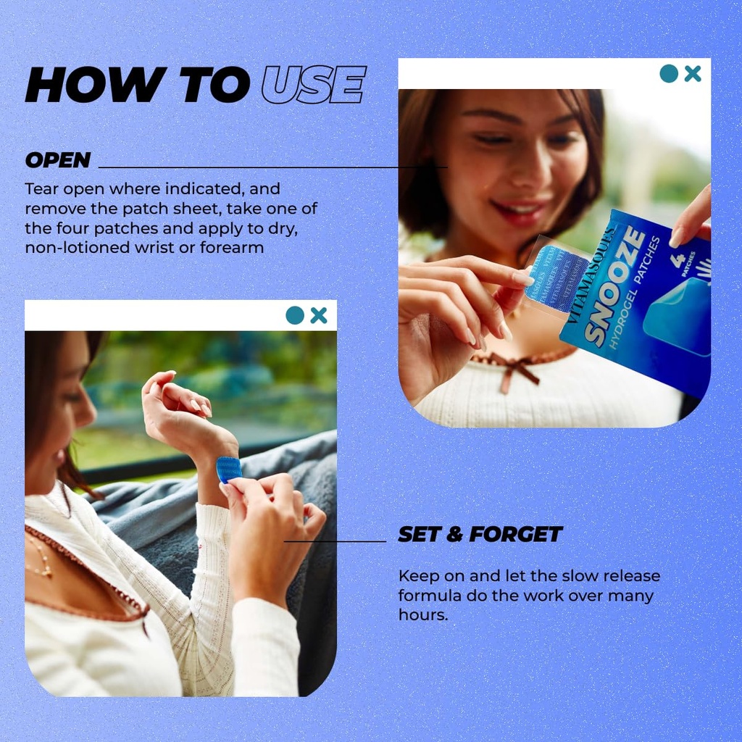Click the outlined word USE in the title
(x=314, y=85)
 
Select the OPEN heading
(x=58, y=160)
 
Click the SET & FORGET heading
(x=480, y=534)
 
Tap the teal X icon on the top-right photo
(x=693, y=73)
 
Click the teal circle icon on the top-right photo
(x=669, y=73)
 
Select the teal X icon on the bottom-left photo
(x=319, y=315)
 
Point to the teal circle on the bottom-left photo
(x=295, y=315)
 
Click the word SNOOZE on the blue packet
(x=614, y=286)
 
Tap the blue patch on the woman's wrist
(x=228, y=469)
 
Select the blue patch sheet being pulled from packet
(x=554, y=278)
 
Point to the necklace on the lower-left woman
(x=40, y=558)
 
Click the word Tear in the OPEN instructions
(x=41, y=189)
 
